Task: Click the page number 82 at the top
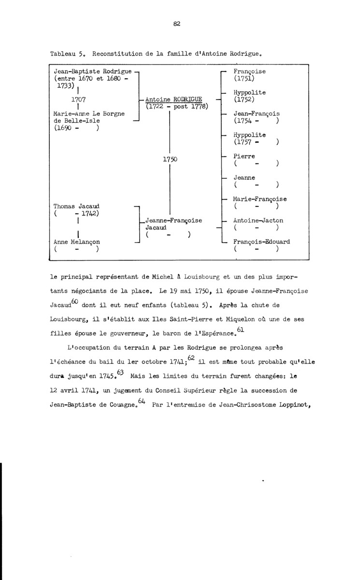[x=176, y=25]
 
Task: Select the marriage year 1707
[x=78, y=99]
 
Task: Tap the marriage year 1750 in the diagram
[x=170, y=159]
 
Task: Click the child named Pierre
[x=244, y=157]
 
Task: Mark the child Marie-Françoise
[x=260, y=199]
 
